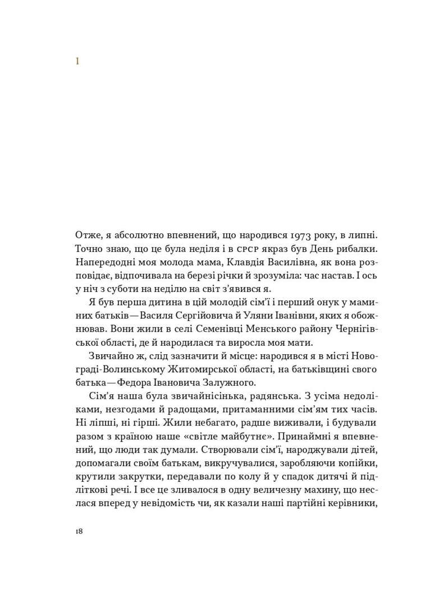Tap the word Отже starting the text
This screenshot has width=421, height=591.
pyautogui.click(x=86, y=234)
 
